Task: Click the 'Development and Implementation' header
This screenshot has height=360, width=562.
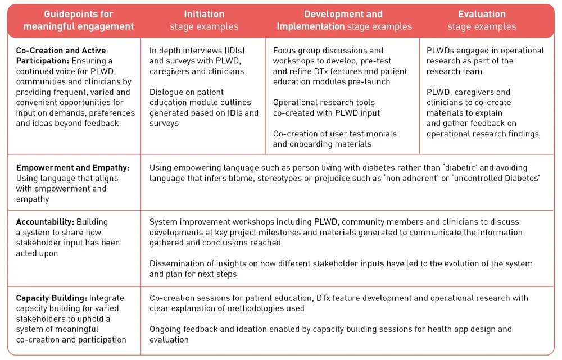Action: pyautogui.click(x=343, y=20)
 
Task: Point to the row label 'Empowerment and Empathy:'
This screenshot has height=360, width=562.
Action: pyautogui.click(x=72, y=168)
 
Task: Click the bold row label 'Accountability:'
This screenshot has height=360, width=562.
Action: pyautogui.click(x=45, y=222)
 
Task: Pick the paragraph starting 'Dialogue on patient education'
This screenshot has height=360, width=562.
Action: pyautogui.click(x=203, y=107)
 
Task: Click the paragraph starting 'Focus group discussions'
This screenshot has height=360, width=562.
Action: pyautogui.click(x=339, y=66)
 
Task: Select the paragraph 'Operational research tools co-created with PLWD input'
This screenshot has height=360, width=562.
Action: pyautogui.click(x=326, y=107)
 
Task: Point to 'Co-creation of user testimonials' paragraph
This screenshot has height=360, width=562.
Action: pyautogui.click(x=334, y=139)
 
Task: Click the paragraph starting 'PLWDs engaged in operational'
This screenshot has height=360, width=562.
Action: pyautogui.click(x=484, y=61)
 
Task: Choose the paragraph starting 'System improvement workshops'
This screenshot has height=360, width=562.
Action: pyautogui.click(x=336, y=232)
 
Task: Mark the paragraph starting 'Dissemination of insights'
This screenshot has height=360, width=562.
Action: pyautogui.click(x=341, y=268)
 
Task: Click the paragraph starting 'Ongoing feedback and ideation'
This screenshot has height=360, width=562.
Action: pyautogui.click(x=330, y=334)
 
